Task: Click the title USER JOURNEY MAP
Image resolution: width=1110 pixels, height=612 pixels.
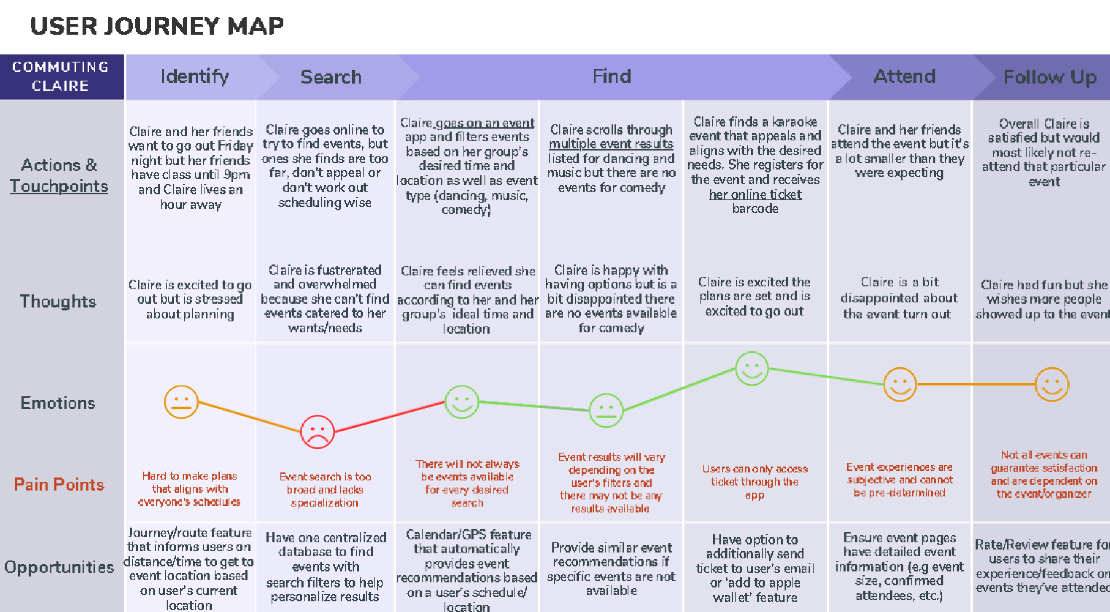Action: pyautogui.click(x=157, y=26)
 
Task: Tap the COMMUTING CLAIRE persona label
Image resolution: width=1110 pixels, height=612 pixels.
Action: pyautogui.click(x=61, y=76)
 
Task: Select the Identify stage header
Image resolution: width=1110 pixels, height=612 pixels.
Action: pyautogui.click(x=195, y=76)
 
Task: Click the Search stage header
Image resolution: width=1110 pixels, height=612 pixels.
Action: pyautogui.click(x=330, y=77)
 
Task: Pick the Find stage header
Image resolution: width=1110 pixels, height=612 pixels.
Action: pyautogui.click(x=611, y=76)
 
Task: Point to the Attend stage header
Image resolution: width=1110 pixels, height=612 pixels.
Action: pyautogui.click(x=904, y=76)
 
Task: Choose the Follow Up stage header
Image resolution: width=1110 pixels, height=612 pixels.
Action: pyautogui.click(x=1049, y=77)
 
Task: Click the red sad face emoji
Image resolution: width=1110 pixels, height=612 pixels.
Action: pyautogui.click(x=317, y=431)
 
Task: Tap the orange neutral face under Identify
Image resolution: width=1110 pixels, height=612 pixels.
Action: pyautogui.click(x=181, y=402)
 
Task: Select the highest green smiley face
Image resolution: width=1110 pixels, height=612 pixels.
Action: pyautogui.click(x=751, y=368)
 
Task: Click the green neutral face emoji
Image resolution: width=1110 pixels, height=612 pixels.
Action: pyautogui.click(x=606, y=410)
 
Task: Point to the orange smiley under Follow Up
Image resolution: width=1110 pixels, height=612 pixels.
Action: pyautogui.click(x=1051, y=384)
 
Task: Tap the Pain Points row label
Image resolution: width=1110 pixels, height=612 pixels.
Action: pyautogui.click(x=59, y=485)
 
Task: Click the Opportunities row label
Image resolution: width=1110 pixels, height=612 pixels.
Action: pyautogui.click(x=59, y=567)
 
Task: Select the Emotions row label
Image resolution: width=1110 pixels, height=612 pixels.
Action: pyautogui.click(x=58, y=403)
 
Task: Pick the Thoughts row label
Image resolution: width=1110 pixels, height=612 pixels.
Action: pyautogui.click(x=58, y=301)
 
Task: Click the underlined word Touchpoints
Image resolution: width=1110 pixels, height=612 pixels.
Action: pyautogui.click(x=59, y=186)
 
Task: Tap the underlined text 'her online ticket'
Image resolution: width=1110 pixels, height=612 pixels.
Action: pyautogui.click(x=755, y=195)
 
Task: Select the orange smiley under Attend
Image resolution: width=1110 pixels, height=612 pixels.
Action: pyautogui.click(x=900, y=384)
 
